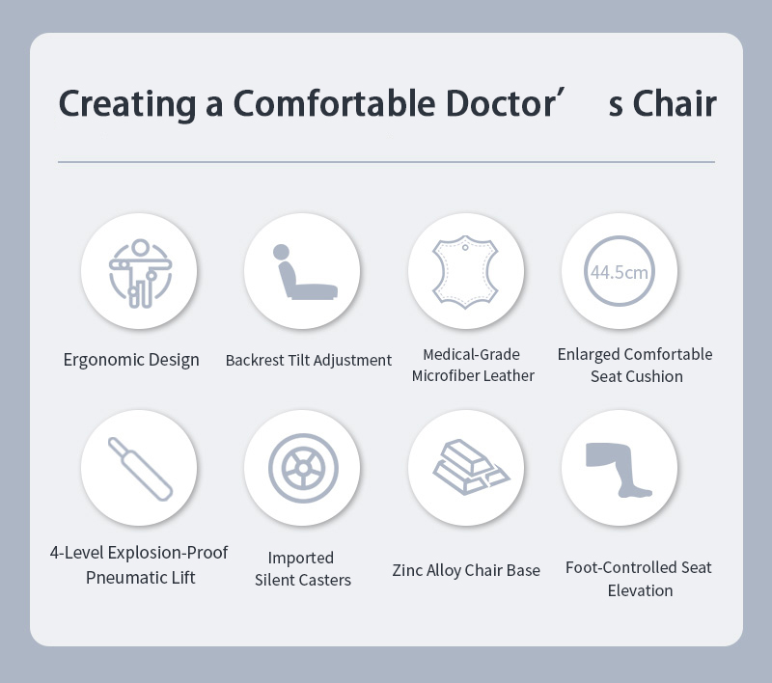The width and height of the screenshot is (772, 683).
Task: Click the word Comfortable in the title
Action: [334, 103]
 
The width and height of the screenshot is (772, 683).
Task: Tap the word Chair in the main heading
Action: [675, 103]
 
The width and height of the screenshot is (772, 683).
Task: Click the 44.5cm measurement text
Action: [620, 272]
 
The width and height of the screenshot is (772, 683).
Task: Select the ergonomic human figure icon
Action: [140, 273]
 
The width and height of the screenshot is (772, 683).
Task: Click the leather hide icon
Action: [465, 271]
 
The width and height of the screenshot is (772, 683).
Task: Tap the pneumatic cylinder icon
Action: [140, 469]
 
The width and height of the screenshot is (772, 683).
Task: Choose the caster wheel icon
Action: [303, 468]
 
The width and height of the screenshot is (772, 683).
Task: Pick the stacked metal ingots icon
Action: [471, 467]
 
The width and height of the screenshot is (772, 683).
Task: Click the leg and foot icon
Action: [619, 470]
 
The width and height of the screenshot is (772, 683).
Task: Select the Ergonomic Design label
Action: [131, 360]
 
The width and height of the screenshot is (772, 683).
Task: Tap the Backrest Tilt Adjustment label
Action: [309, 360]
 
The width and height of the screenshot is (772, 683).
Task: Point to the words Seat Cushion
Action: [637, 376]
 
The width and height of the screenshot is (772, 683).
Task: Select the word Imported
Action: [301, 558]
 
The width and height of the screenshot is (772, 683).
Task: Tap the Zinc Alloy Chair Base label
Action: [466, 570]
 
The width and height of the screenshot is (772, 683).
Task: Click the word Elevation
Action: [640, 590]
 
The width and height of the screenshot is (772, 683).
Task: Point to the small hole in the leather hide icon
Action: [465, 248]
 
